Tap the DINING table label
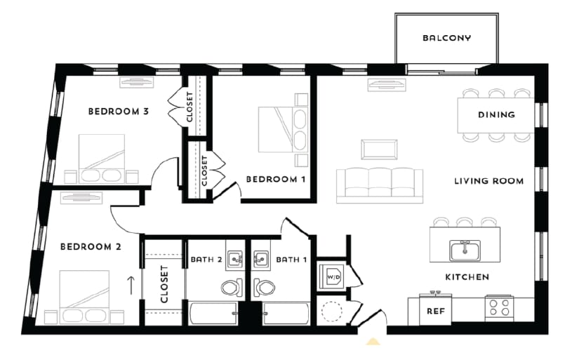pyautogui.click(x=496, y=114)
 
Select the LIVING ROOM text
pyautogui.click(x=488, y=181)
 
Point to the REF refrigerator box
pyautogui.click(x=436, y=309)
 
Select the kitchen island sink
pyautogui.click(x=464, y=249)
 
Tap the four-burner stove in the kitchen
pyautogui.click(x=500, y=307)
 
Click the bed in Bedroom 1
pyautogui.click(x=283, y=129)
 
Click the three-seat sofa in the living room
pyautogui.click(x=380, y=185)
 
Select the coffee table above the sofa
pyautogui.click(x=379, y=149)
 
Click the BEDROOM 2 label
pyautogui.click(x=91, y=246)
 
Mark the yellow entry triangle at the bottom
pyautogui.click(x=374, y=342)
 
